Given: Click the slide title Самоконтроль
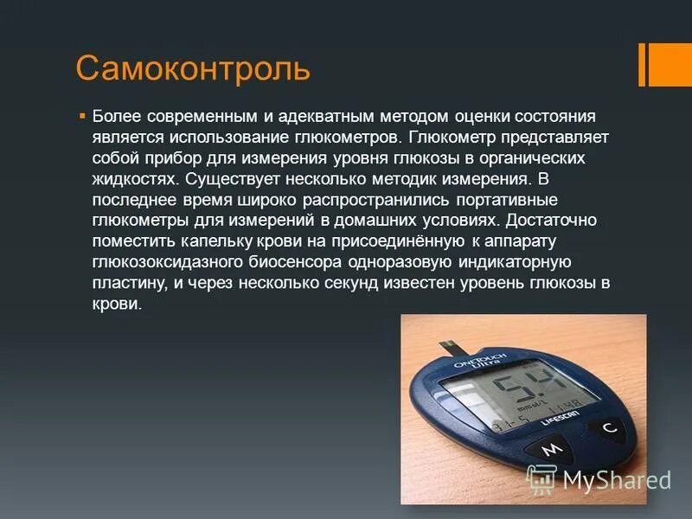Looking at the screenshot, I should coord(193,67).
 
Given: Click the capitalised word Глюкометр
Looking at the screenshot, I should coord(450,137).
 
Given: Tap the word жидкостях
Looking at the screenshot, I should coord(132,179).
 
